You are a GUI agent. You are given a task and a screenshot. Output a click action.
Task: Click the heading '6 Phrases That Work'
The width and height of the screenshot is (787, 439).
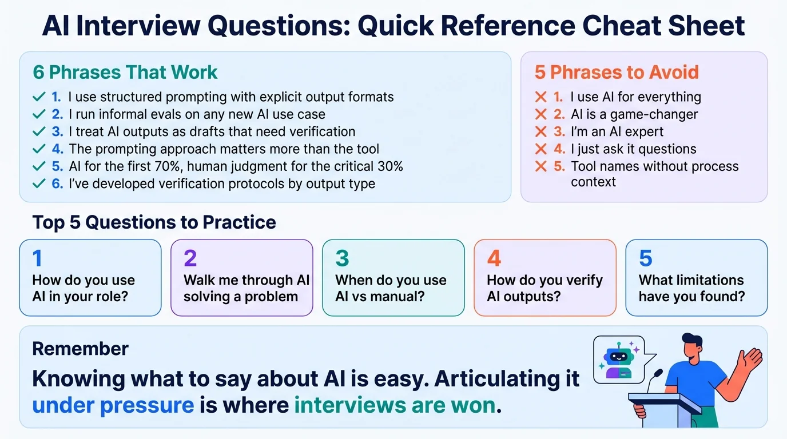tap(125, 73)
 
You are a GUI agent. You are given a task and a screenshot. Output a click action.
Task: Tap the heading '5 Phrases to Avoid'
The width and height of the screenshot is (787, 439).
tap(617, 73)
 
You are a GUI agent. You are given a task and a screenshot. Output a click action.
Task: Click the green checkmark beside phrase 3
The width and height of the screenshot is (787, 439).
tap(39, 132)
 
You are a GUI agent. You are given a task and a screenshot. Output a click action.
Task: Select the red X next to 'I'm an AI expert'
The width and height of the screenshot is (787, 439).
tap(540, 132)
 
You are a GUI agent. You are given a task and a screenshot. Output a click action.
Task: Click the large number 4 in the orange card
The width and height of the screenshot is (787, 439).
tap(494, 259)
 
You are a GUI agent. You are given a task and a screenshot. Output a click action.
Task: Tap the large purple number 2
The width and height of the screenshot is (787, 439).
tap(190, 259)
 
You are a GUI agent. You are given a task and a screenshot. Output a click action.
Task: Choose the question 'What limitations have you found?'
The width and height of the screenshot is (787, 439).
tap(691, 288)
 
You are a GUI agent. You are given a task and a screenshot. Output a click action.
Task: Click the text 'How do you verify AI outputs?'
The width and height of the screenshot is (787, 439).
tap(544, 288)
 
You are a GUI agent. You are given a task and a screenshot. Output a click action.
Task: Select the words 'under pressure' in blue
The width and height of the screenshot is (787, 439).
tap(113, 405)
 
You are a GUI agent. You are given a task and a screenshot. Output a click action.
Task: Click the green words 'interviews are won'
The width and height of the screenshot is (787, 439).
tap(394, 405)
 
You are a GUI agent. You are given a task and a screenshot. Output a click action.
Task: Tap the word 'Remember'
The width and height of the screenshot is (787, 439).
tap(80, 348)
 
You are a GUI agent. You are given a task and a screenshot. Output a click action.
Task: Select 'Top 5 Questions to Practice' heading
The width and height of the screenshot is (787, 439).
tap(154, 222)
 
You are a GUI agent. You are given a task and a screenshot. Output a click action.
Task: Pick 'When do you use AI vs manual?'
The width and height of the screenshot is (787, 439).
tap(391, 288)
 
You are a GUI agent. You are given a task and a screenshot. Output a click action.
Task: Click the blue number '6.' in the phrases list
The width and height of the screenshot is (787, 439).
tap(57, 184)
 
